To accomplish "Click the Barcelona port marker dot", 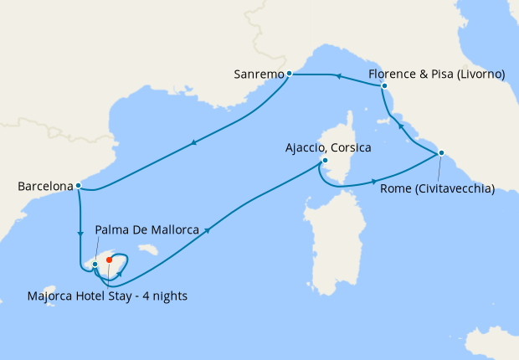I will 78,186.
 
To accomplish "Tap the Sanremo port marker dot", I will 289,74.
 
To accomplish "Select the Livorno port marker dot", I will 384,85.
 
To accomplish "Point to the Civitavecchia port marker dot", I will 441,152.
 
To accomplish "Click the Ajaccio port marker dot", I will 324,162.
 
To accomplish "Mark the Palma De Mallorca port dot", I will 95,265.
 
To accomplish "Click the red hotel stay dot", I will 109,260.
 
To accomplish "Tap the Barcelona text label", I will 44,187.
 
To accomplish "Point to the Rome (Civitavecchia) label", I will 437,188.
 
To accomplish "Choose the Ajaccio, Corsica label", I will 328,147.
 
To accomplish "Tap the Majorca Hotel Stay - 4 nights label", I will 106,295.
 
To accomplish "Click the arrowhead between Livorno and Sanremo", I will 337,76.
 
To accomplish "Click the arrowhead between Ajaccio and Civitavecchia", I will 373,181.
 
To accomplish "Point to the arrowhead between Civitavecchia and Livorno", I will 400,126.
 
